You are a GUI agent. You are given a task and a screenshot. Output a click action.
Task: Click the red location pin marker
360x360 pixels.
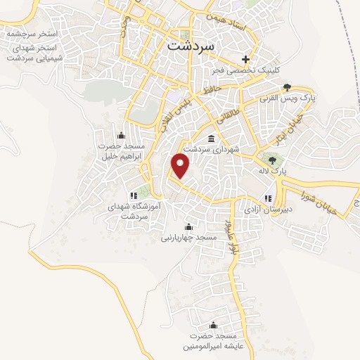tap(181, 166)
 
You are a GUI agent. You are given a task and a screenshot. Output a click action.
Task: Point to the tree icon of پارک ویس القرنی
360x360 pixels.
tap(287, 87)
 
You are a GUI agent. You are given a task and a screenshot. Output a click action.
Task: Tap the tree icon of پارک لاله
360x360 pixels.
tap(272, 161)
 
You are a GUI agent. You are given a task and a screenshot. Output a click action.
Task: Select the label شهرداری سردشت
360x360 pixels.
tap(212, 150)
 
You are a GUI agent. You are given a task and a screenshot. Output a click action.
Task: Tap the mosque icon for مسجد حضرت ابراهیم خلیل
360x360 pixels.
tap(120, 134)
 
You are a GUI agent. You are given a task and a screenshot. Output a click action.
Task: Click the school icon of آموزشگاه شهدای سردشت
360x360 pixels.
tap(134, 195)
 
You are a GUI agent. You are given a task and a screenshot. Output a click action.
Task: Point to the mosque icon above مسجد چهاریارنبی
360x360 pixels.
tap(188, 226)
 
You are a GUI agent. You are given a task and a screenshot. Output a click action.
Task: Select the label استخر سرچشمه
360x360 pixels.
tap(34, 33)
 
